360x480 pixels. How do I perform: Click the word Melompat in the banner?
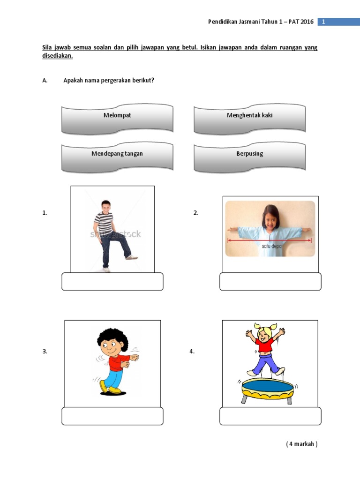117,115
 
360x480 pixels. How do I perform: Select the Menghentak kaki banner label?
249,115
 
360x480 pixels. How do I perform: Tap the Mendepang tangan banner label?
117,154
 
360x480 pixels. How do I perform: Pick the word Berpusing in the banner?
249,154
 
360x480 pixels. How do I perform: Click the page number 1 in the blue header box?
323,22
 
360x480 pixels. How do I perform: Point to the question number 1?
45,213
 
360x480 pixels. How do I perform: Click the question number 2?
196,213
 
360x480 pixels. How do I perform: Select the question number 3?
45,352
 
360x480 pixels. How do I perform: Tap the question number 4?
192,352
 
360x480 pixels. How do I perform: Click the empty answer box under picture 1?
112,282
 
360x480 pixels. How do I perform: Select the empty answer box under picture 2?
270,282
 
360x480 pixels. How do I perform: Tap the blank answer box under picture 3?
112,416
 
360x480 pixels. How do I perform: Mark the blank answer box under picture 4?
270,416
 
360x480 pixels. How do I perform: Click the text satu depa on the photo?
271,246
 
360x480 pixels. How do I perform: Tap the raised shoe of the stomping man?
132,257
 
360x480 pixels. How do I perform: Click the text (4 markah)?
302,444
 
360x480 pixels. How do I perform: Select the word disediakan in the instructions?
58,56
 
